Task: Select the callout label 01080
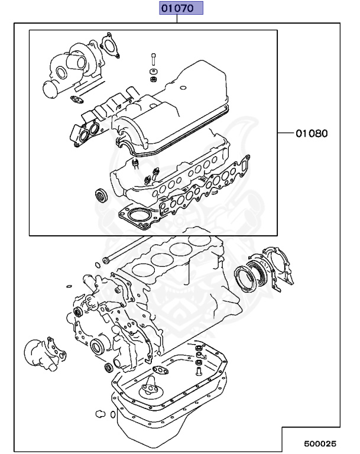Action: click(311, 133)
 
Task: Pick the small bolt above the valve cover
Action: click(153, 60)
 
